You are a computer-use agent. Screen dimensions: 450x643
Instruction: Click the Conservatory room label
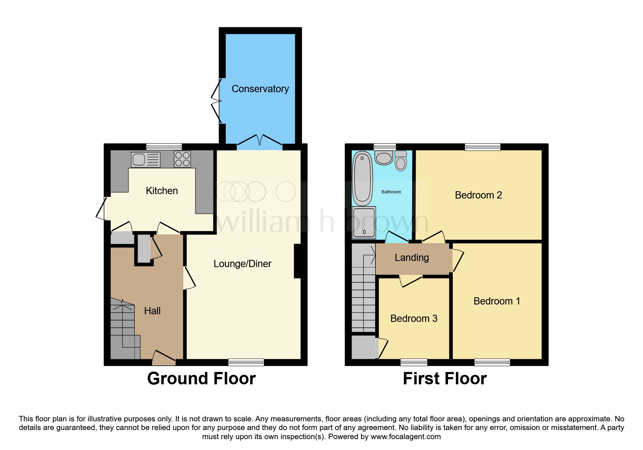[x=260, y=89]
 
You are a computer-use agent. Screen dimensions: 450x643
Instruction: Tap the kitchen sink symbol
[x=146, y=160]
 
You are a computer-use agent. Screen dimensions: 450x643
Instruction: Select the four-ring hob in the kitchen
[x=182, y=159]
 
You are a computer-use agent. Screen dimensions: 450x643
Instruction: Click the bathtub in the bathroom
[x=362, y=178]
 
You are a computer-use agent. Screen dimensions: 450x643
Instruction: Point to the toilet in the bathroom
[x=401, y=161]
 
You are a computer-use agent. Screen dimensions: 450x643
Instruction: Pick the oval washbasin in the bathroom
[x=384, y=158]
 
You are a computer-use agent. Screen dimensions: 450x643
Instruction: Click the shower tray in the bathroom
[x=364, y=222]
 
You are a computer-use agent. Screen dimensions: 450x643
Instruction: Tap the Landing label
[x=412, y=258]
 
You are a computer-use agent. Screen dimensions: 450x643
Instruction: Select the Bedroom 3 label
[x=414, y=319]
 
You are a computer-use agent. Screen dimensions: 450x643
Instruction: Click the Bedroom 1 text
[x=497, y=301]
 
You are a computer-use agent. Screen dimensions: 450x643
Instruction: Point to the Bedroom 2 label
[x=478, y=195]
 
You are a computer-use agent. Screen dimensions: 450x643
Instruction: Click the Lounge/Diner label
[x=242, y=264]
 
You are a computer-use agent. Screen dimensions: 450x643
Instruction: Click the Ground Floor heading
[x=201, y=379]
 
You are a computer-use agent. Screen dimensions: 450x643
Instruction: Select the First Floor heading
[x=444, y=379]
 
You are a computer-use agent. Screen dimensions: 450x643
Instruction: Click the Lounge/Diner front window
[x=246, y=362]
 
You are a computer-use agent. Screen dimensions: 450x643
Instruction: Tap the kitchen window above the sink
[x=164, y=147]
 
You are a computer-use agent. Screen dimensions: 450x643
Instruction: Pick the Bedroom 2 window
[x=483, y=147]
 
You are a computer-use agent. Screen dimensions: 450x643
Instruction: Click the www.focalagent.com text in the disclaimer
[x=406, y=437]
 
